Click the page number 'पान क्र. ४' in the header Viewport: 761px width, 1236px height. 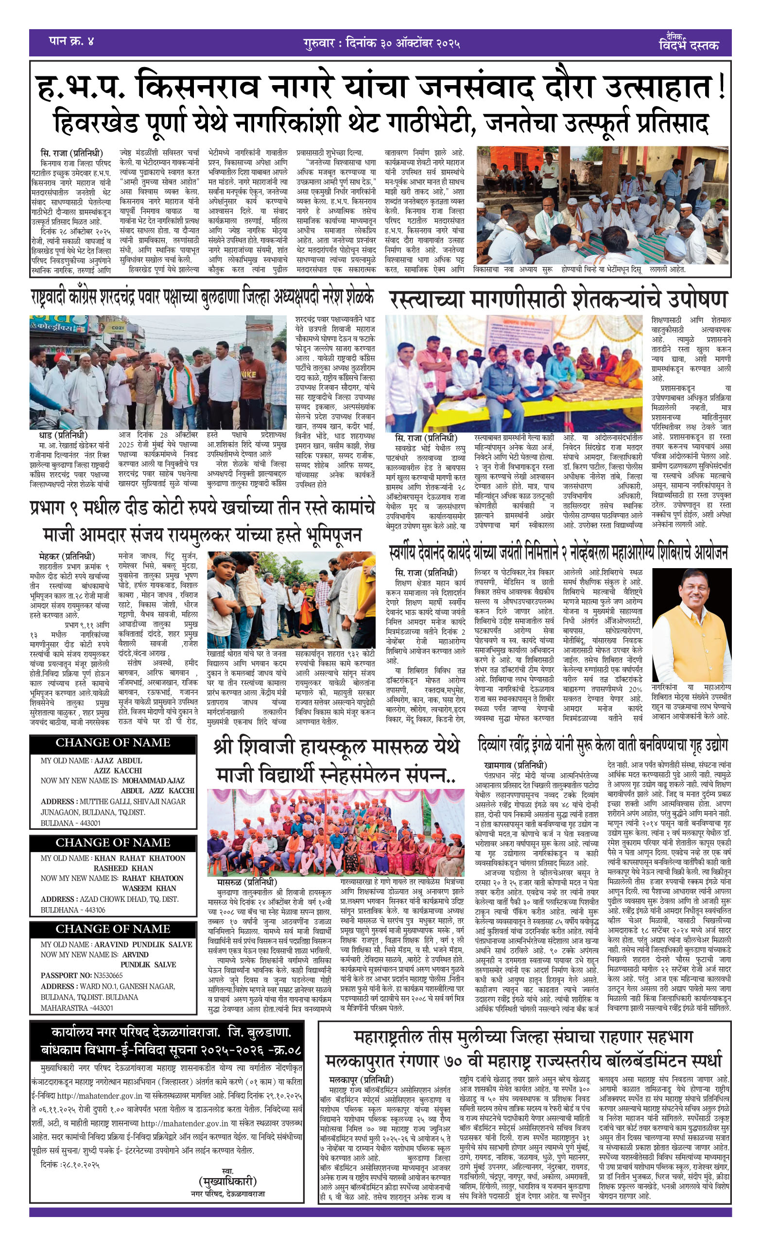click(71, 41)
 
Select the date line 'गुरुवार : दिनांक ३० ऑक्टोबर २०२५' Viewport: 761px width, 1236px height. click(381, 43)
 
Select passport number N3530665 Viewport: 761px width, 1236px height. click(101, 976)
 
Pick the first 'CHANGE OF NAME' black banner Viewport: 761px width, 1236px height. click(113, 743)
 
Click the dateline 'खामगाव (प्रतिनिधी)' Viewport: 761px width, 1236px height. click(516, 766)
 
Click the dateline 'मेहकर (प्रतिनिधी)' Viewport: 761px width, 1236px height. click(67, 556)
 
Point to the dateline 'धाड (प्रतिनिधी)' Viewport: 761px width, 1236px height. click(63, 435)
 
